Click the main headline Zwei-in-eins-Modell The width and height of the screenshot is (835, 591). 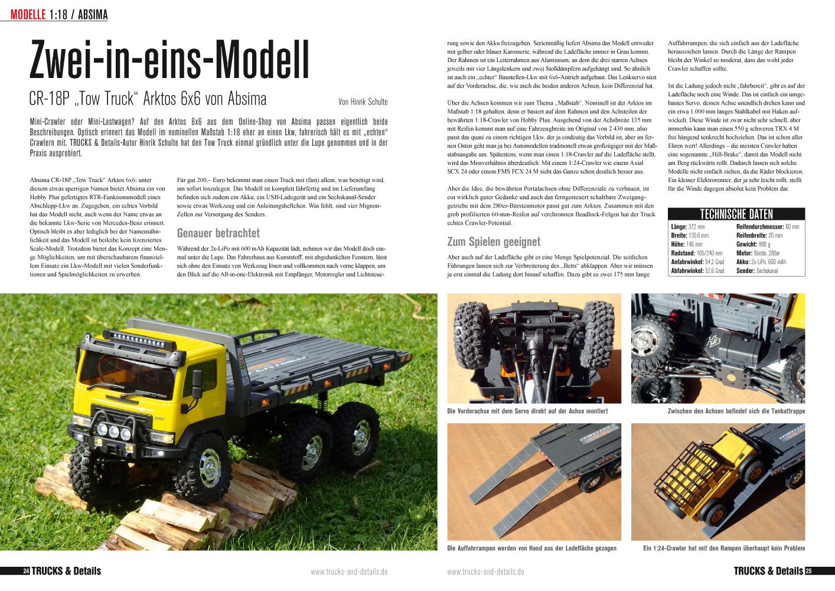[x=169, y=61]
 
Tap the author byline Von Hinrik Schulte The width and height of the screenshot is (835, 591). [x=363, y=102]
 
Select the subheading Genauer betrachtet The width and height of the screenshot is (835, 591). [x=218, y=233]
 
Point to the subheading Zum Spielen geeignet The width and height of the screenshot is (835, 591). [x=494, y=242]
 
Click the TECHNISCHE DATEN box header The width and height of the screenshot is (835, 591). [x=736, y=214]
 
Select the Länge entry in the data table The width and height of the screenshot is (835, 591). [x=687, y=227]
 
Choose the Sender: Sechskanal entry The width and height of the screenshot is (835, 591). [x=756, y=271]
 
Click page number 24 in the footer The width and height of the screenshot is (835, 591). [x=26, y=571]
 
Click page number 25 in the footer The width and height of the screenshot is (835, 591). [x=808, y=571]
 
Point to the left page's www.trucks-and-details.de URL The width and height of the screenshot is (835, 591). [x=349, y=571]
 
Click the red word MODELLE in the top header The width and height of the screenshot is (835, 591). [x=28, y=15]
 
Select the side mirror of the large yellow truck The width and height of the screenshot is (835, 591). [x=197, y=383]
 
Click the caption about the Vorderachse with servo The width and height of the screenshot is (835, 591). [x=527, y=411]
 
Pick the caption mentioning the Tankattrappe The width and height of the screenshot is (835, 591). [x=736, y=411]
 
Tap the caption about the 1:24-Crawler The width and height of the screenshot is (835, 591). [x=723, y=548]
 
